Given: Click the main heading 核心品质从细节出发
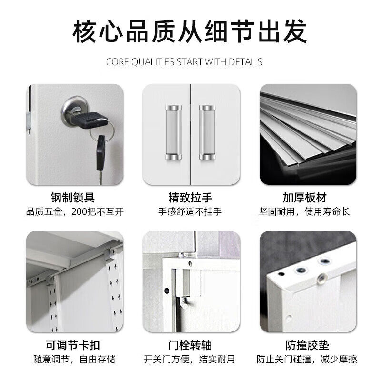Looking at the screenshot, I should (x=190, y=31).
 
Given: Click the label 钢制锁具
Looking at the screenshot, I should (x=75, y=198).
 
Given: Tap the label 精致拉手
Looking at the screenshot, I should (x=190, y=198).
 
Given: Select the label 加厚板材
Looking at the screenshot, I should (x=307, y=198).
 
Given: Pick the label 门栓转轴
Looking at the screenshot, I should (x=190, y=345).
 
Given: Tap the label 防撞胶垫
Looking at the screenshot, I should (x=307, y=345).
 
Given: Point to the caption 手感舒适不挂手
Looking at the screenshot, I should (x=190, y=211).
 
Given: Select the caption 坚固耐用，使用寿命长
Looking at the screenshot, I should (x=307, y=211).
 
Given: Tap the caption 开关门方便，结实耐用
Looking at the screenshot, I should (x=190, y=359).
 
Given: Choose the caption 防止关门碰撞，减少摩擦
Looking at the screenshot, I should (x=307, y=359).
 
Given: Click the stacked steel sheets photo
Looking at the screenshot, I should (x=308, y=134).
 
